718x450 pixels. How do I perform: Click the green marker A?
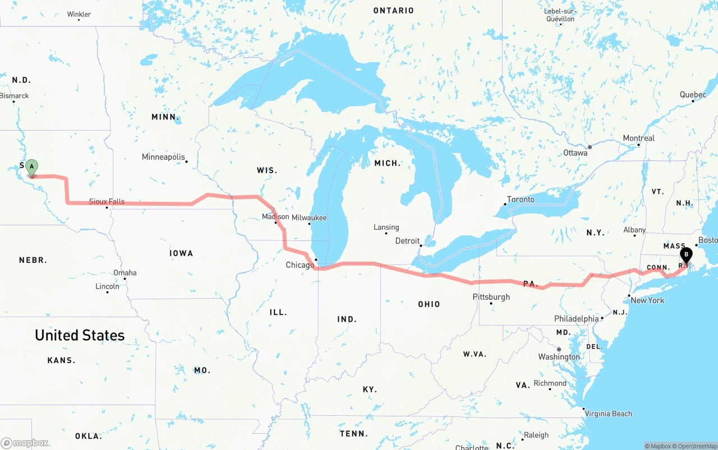[x=32, y=167]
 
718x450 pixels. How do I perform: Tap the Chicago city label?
[x=300, y=265]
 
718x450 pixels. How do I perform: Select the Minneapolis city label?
[x=163, y=157]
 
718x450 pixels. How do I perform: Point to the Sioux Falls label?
[x=107, y=202]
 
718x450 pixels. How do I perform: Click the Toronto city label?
[x=521, y=200]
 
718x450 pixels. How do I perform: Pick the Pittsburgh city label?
[x=491, y=297]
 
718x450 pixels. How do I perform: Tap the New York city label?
[x=647, y=300]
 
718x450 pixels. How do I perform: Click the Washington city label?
[x=559, y=357]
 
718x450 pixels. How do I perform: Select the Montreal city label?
[x=638, y=138]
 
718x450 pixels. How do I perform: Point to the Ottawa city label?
[x=575, y=153]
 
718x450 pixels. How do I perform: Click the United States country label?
[x=80, y=335]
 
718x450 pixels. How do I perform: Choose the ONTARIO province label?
[x=394, y=11]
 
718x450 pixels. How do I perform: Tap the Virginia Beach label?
[x=608, y=414]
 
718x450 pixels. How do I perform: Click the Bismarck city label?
[x=15, y=96]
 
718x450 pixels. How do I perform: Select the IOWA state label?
[x=181, y=253]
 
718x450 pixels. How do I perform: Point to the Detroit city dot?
[x=421, y=245]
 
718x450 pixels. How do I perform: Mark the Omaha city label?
[x=125, y=273]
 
